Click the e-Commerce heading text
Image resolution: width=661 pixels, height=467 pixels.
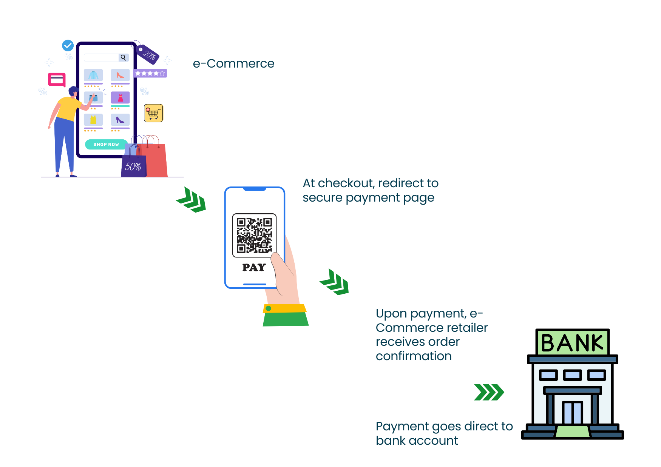(x=233, y=63)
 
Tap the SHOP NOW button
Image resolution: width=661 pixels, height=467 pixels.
(x=106, y=145)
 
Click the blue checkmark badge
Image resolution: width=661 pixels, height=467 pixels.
(x=68, y=46)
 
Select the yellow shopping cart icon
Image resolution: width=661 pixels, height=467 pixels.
(x=153, y=113)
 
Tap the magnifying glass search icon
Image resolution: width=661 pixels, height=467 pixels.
(x=123, y=58)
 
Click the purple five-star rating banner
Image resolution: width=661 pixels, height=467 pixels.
(x=150, y=73)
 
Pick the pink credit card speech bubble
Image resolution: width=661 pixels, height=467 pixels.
(x=57, y=80)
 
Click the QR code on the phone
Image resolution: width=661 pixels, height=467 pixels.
(x=254, y=235)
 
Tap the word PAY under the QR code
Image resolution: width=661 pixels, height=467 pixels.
(x=254, y=268)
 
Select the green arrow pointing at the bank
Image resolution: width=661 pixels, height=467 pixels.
(x=489, y=392)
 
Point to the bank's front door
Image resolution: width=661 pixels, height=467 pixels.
(x=572, y=412)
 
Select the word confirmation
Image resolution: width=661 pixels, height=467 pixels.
(x=414, y=356)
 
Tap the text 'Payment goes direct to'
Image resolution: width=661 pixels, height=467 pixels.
(x=444, y=426)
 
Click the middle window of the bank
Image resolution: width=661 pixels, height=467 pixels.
(x=572, y=375)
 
